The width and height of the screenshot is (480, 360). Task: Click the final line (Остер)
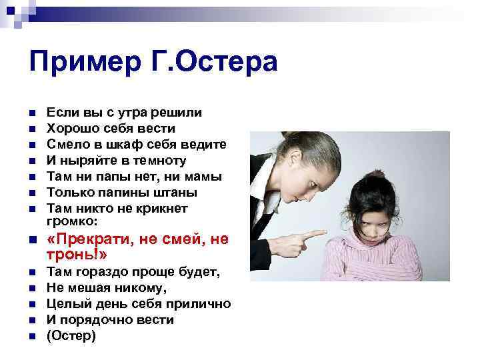point(72,336)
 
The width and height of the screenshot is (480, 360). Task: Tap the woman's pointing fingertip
point(324,234)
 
